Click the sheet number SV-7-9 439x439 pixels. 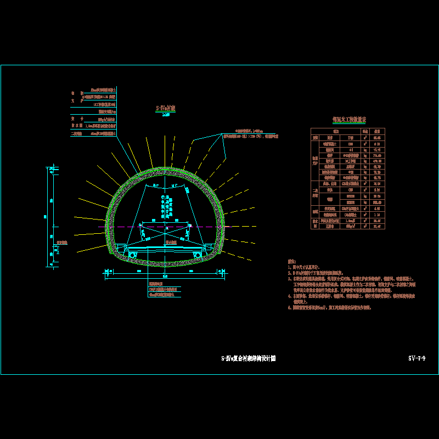point(417,358)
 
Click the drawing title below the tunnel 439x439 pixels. point(248,358)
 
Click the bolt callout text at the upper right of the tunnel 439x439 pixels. point(247,131)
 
